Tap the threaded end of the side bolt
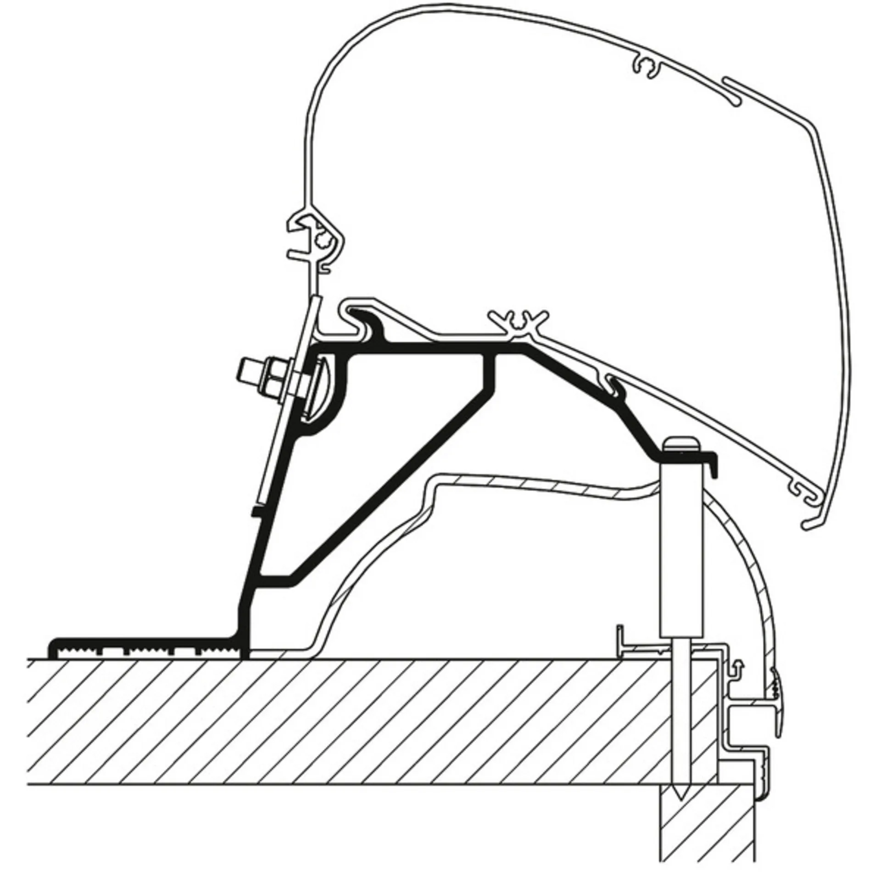point(248,370)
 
